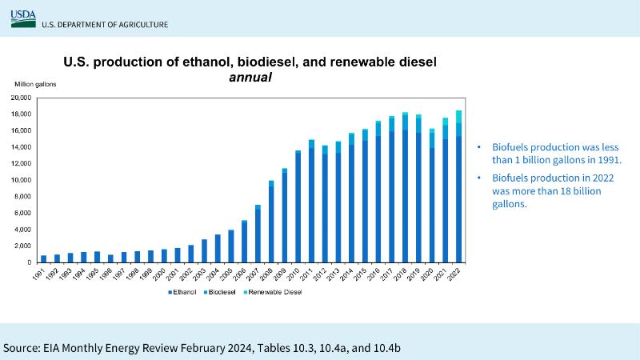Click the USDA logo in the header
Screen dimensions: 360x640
[23, 18]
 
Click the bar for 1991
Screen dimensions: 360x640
[43, 258]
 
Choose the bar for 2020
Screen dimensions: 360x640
[432, 195]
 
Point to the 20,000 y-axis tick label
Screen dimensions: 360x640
[20, 98]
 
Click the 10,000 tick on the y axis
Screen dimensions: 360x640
[20, 180]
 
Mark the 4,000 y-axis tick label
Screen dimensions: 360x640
[22, 230]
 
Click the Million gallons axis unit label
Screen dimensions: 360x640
[31, 84]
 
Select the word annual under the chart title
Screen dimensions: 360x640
[250, 78]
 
